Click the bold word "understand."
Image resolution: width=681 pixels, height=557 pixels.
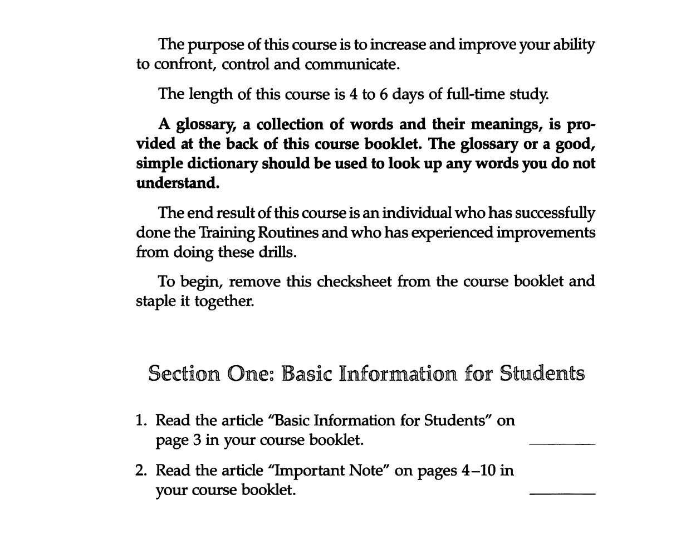coord(178,183)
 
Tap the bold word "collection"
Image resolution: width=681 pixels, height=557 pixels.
coord(288,124)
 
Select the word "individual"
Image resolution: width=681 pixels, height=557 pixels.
coord(417,214)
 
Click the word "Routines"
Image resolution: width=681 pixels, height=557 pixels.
coord(288,233)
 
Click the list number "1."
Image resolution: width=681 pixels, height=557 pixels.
coord(141,420)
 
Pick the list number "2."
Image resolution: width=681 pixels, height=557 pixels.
coord(141,471)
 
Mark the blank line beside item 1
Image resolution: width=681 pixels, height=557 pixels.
coord(562,444)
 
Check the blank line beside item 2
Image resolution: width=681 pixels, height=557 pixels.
coord(562,494)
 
